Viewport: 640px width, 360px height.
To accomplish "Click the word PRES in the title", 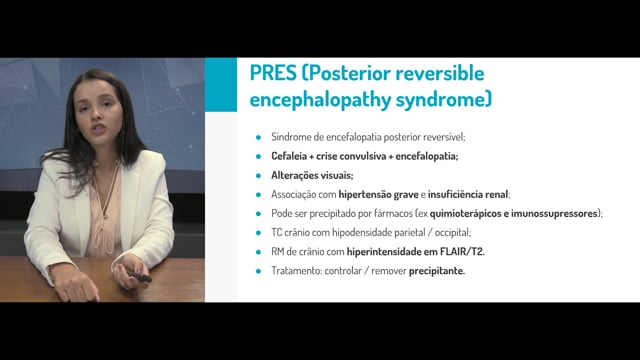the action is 273,73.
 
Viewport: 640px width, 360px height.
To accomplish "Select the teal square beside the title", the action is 221,84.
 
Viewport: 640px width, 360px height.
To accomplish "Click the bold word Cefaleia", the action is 289,156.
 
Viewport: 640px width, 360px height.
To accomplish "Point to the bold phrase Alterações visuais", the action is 312,176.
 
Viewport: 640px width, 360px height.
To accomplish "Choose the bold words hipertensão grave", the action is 378,195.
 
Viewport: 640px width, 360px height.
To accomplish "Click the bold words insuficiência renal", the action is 468,194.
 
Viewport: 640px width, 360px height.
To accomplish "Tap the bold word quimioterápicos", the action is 465,213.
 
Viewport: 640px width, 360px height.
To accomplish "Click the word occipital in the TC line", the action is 453,233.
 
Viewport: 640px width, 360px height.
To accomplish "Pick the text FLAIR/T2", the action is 462,252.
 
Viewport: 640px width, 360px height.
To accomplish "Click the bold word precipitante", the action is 437,271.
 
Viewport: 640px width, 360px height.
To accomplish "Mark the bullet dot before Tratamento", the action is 258,271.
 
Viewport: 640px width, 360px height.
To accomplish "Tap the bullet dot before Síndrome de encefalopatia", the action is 258,137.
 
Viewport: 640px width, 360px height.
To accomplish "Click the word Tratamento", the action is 296,271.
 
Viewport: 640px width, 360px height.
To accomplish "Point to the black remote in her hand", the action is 139,277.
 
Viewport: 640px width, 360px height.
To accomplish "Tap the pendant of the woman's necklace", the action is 105,216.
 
